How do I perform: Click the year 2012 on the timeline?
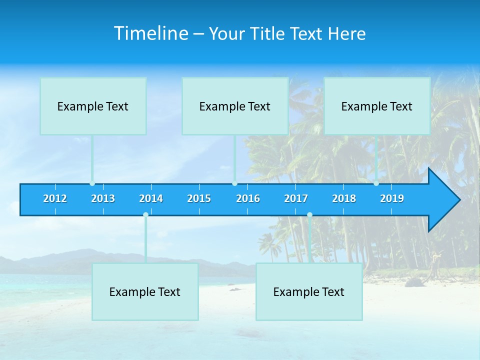(55, 198)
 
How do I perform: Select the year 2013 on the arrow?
(103, 198)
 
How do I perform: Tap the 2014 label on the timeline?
(151, 198)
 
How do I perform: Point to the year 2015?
(199, 198)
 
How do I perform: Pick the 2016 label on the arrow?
(248, 198)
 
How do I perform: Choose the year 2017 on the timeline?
(296, 198)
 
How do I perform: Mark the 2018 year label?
(344, 198)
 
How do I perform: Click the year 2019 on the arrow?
(392, 198)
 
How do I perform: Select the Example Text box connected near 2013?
(93, 106)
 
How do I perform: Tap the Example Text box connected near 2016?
(235, 106)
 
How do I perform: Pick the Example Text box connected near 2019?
(377, 106)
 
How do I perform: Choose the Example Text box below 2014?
(145, 291)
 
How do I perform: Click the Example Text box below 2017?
(309, 291)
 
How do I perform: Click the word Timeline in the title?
(150, 33)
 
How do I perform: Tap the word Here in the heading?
(347, 34)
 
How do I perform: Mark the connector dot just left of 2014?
(145, 214)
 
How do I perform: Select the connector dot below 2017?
(309, 214)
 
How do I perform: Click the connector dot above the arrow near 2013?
(92, 183)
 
